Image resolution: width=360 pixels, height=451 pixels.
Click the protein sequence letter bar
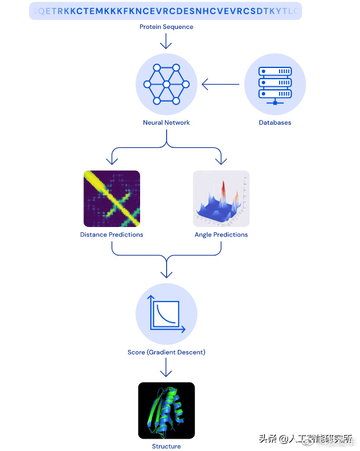tap(166, 11)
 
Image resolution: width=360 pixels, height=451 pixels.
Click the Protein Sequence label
tap(166, 27)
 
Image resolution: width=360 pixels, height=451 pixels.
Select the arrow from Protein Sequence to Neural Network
tap(166, 41)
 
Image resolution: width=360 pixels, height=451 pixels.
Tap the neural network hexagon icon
tap(166, 85)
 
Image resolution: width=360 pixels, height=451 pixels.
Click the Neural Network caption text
tap(166, 122)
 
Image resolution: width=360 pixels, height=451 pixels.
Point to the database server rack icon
tap(275, 85)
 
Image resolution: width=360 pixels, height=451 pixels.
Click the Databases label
tap(275, 122)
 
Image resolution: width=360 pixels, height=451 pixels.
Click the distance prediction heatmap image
tap(112, 199)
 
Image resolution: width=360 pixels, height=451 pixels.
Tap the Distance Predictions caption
tap(112, 235)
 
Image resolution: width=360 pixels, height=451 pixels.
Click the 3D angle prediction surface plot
tap(221, 199)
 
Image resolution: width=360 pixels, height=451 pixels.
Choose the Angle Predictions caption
tap(221, 235)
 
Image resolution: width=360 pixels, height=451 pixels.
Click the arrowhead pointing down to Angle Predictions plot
tap(221, 161)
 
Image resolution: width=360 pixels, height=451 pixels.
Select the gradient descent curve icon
tap(166, 314)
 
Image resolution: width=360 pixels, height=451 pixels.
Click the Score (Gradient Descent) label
tap(166, 352)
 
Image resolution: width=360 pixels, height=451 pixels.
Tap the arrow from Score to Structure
tap(166, 369)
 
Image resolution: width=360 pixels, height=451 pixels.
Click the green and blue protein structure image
tap(166, 410)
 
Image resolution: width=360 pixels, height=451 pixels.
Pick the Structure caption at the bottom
tap(166, 446)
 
